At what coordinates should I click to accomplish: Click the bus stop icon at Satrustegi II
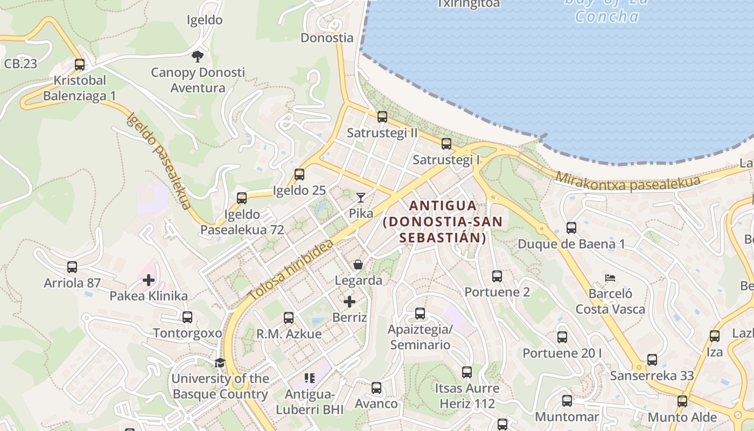(382, 117)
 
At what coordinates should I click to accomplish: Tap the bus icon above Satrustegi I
(446, 144)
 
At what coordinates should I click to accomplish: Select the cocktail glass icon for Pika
(360, 198)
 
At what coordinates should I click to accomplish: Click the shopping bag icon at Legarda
(358, 265)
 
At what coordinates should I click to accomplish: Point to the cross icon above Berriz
(350, 301)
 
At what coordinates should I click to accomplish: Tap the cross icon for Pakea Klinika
(149, 280)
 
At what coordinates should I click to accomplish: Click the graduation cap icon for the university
(220, 363)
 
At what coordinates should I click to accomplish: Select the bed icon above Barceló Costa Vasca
(610, 278)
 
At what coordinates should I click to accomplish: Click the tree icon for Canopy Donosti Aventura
(198, 56)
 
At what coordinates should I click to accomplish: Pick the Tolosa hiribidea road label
(291, 270)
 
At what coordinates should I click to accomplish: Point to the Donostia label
(327, 38)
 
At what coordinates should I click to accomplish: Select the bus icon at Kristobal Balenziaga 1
(80, 65)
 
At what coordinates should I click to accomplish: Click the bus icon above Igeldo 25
(299, 175)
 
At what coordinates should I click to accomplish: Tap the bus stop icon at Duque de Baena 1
(571, 228)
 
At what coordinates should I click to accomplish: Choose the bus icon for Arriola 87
(72, 267)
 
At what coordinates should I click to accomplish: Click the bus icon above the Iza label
(715, 336)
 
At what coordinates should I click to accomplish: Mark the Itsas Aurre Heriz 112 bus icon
(467, 372)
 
